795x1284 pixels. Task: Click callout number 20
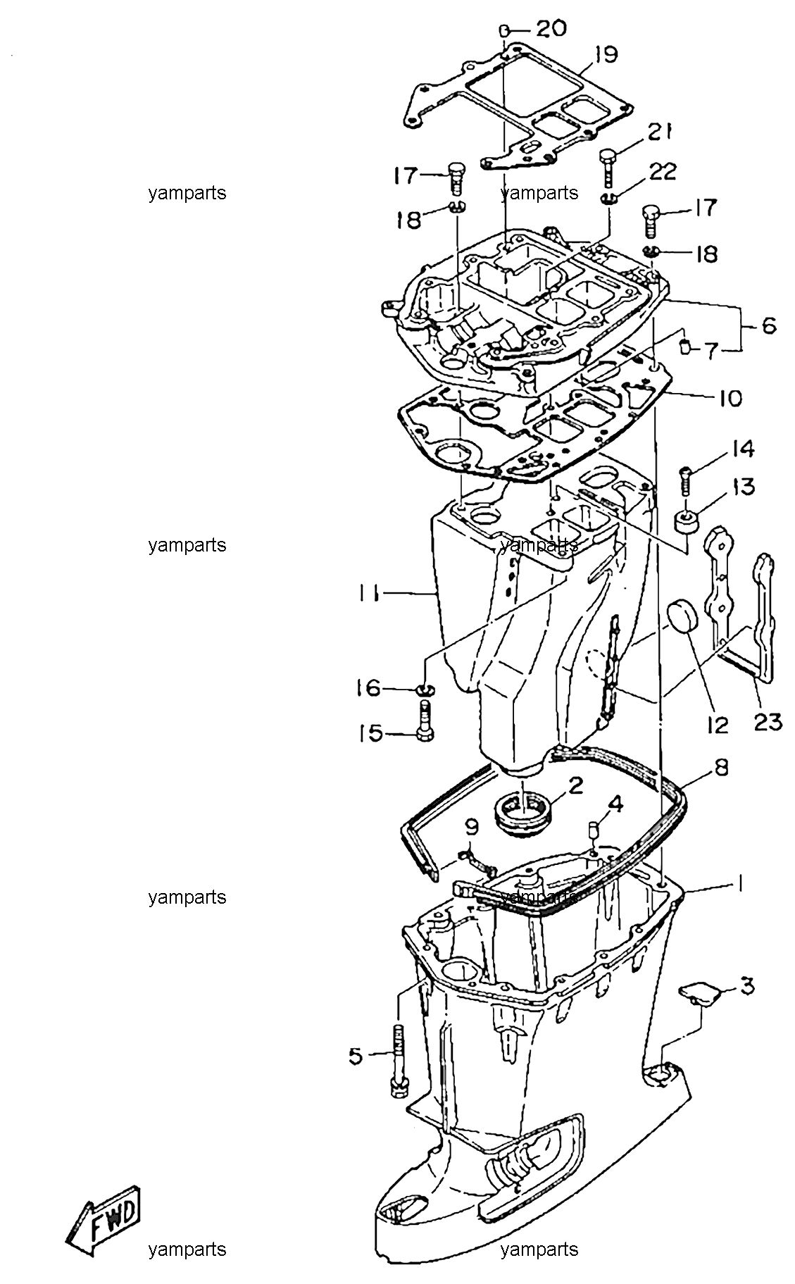551,29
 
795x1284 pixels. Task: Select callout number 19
604,54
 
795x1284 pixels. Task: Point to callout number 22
663,172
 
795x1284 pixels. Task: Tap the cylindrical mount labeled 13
685,523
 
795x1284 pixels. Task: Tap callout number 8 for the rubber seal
721,768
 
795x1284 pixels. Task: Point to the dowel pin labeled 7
684,346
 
